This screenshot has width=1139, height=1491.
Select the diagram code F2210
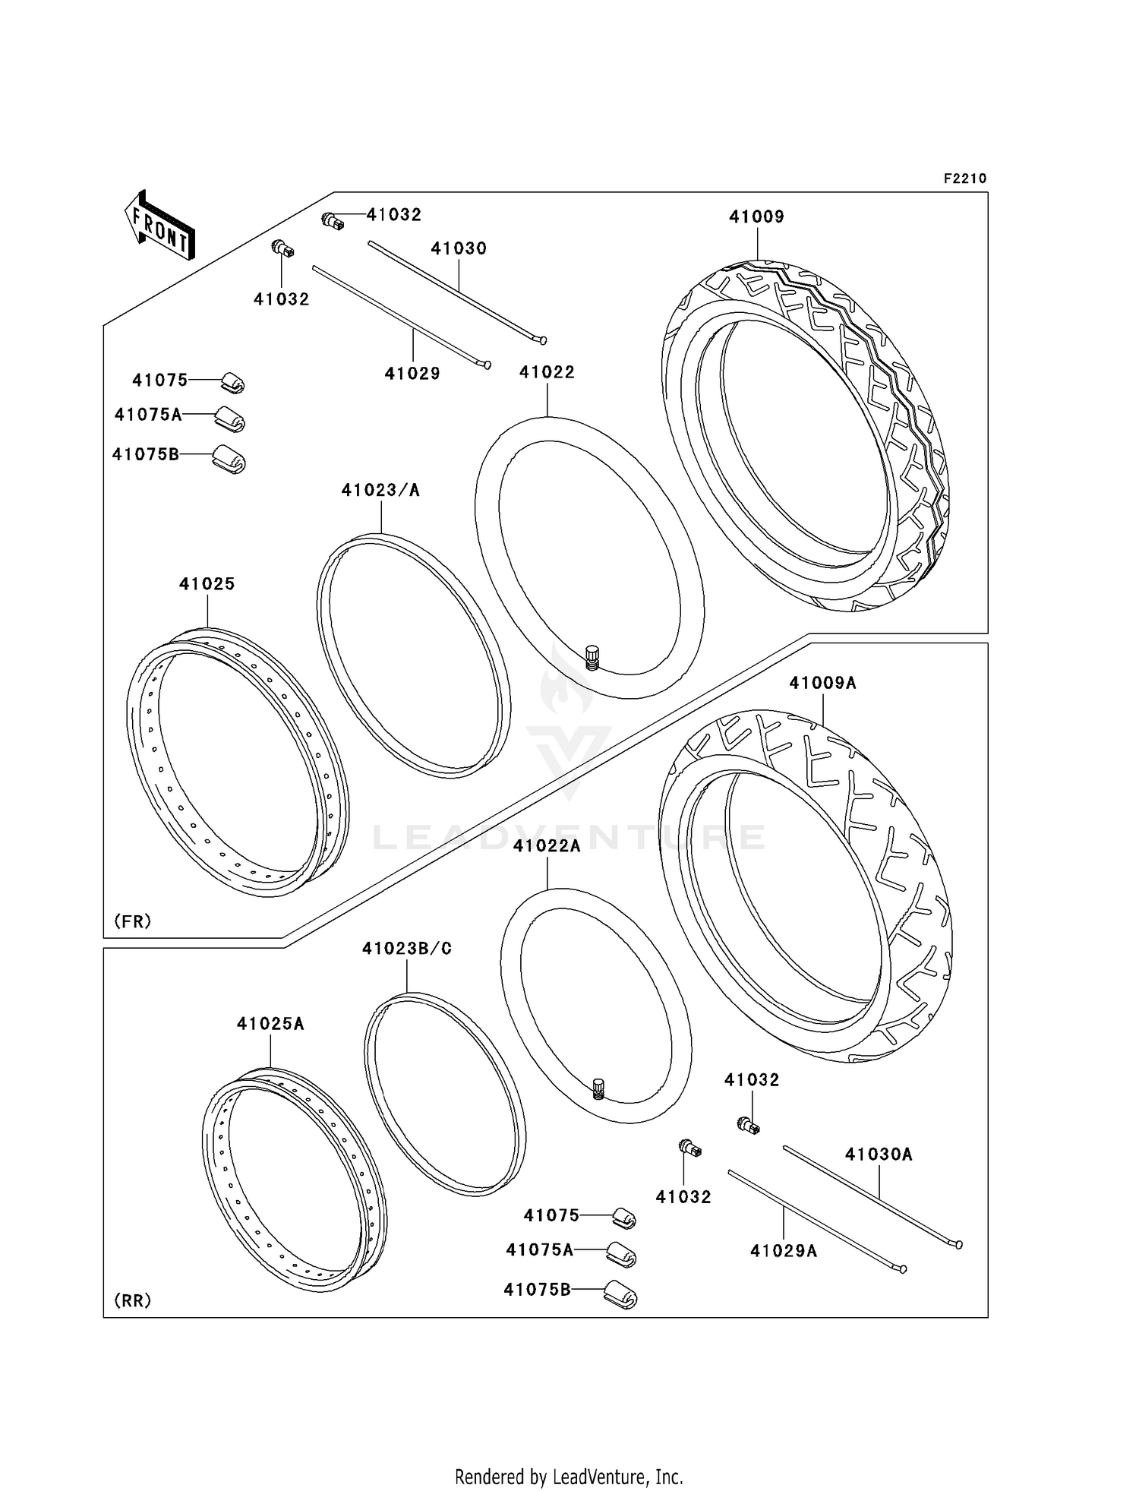pyautogui.click(x=964, y=178)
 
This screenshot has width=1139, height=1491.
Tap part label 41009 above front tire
pyautogui.click(x=756, y=216)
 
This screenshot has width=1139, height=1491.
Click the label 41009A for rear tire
pyautogui.click(x=822, y=683)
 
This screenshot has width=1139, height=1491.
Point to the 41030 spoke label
pyautogui.click(x=459, y=248)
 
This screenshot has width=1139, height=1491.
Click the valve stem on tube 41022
pyautogui.click(x=592, y=656)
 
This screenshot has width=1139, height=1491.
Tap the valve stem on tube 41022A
pyautogui.click(x=598, y=1088)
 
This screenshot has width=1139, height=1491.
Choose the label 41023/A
pyautogui.click(x=380, y=490)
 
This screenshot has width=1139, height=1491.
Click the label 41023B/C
pyautogui.click(x=407, y=949)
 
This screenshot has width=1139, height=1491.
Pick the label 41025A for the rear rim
pyautogui.click(x=270, y=1024)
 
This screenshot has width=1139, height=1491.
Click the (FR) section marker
pyautogui.click(x=133, y=921)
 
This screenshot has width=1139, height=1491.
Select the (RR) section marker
pyautogui.click(x=133, y=1300)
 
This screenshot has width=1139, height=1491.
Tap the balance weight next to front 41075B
pyautogui.click(x=229, y=458)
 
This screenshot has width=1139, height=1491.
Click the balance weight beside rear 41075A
pyautogui.click(x=622, y=1255)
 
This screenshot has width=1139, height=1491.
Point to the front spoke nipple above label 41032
pyautogui.click(x=283, y=248)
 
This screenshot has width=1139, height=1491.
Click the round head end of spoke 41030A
pyautogui.click(x=959, y=1244)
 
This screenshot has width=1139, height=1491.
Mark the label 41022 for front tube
pyautogui.click(x=547, y=372)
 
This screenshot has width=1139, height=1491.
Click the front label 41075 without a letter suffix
pyautogui.click(x=159, y=380)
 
